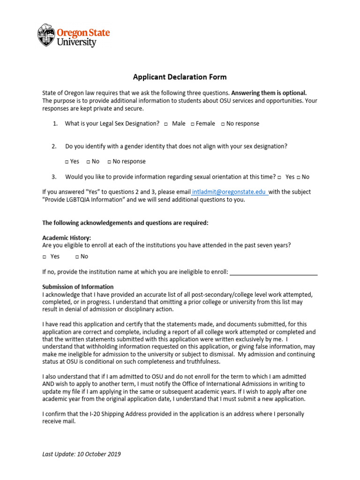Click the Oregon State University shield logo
tap(46, 35)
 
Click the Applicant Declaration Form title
tap(180, 77)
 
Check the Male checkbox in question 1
tap(166, 124)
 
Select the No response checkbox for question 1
tap(223, 124)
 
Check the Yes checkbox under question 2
tap(67, 162)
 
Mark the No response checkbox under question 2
tap(109, 162)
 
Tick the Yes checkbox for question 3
tap(279, 177)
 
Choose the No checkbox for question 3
tap(299, 177)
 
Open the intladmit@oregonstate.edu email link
tap(230, 192)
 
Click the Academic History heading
tap(67, 238)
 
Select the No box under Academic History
tap(77, 257)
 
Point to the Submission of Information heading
tap(78, 287)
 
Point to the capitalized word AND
tap(49, 384)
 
